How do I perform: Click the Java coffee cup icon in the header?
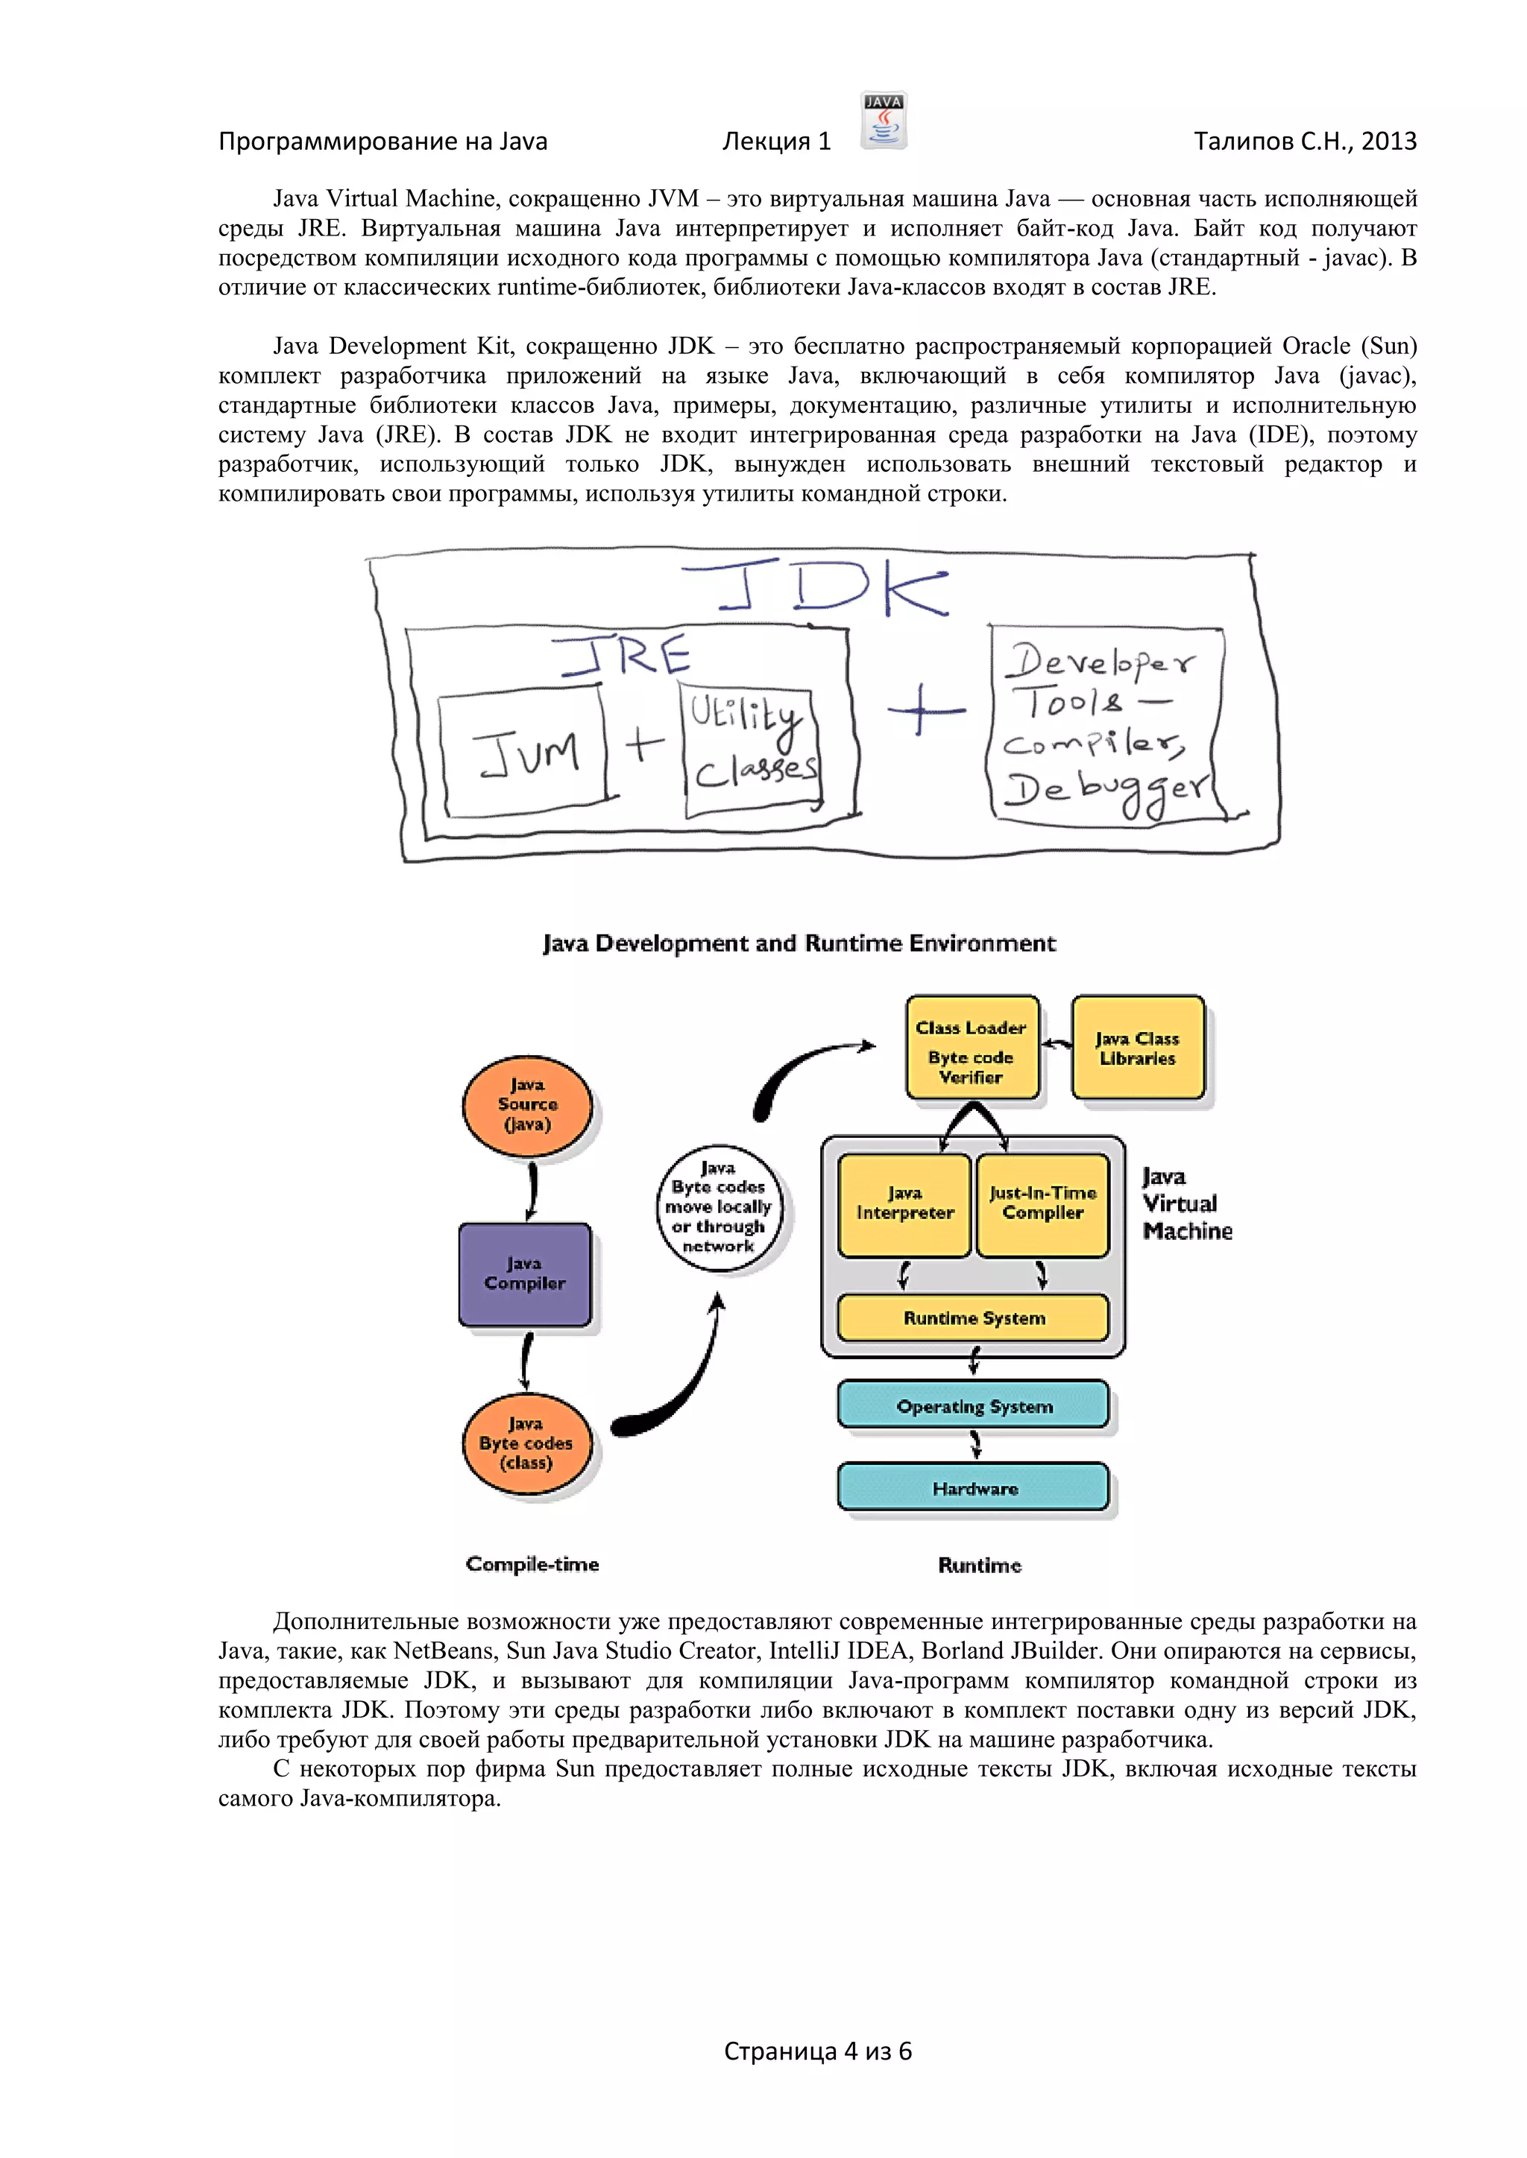click(x=883, y=120)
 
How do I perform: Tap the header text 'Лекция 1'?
click(x=777, y=141)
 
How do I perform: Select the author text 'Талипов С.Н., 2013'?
click(x=1304, y=141)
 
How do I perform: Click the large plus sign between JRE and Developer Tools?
click(x=925, y=709)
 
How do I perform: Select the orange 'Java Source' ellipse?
click(x=527, y=1105)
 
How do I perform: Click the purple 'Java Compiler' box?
click(x=525, y=1274)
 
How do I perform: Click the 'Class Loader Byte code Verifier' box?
click(x=972, y=1048)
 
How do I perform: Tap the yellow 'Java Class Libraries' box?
click(x=1138, y=1048)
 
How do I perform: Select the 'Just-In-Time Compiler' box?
click(x=1043, y=1205)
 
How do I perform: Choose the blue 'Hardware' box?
click(x=973, y=1488)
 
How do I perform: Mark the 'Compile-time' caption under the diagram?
click(x=532, y=1564)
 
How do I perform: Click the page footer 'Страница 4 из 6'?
click(x=817, y=2051)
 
